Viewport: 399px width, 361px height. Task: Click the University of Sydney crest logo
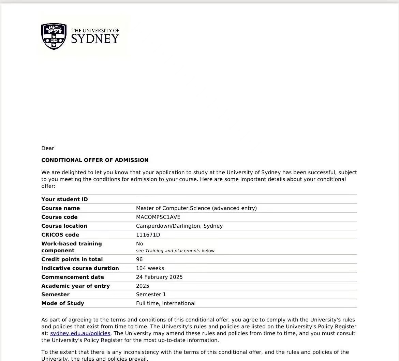point(54,36)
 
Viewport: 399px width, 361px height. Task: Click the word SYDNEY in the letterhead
point(95,39)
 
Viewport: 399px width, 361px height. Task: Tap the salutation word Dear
point(48,148)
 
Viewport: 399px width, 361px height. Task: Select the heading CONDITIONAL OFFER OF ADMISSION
point(95,160)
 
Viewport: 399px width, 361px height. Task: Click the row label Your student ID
point(64,199)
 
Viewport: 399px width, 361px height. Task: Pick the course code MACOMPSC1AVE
point(158,217)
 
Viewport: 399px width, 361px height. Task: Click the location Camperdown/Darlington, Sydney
point(179,226)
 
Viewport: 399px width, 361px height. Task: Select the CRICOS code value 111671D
point(148,235)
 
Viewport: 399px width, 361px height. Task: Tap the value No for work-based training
point(139,244)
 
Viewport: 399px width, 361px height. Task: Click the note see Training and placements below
point(175,251)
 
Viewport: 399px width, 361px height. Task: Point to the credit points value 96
point(139,259)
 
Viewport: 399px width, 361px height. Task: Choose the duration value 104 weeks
point(150,268)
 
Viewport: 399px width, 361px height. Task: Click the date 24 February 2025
point(159,277)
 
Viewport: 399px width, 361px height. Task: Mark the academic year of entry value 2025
point(143,286)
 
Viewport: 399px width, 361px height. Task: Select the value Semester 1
point(151,295)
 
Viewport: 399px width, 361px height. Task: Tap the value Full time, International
point(165,303)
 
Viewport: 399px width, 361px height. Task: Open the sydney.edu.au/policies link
point(80,333)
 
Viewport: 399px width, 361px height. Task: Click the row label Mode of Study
point(62,303)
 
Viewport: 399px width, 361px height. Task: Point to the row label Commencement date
point(72,277)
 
